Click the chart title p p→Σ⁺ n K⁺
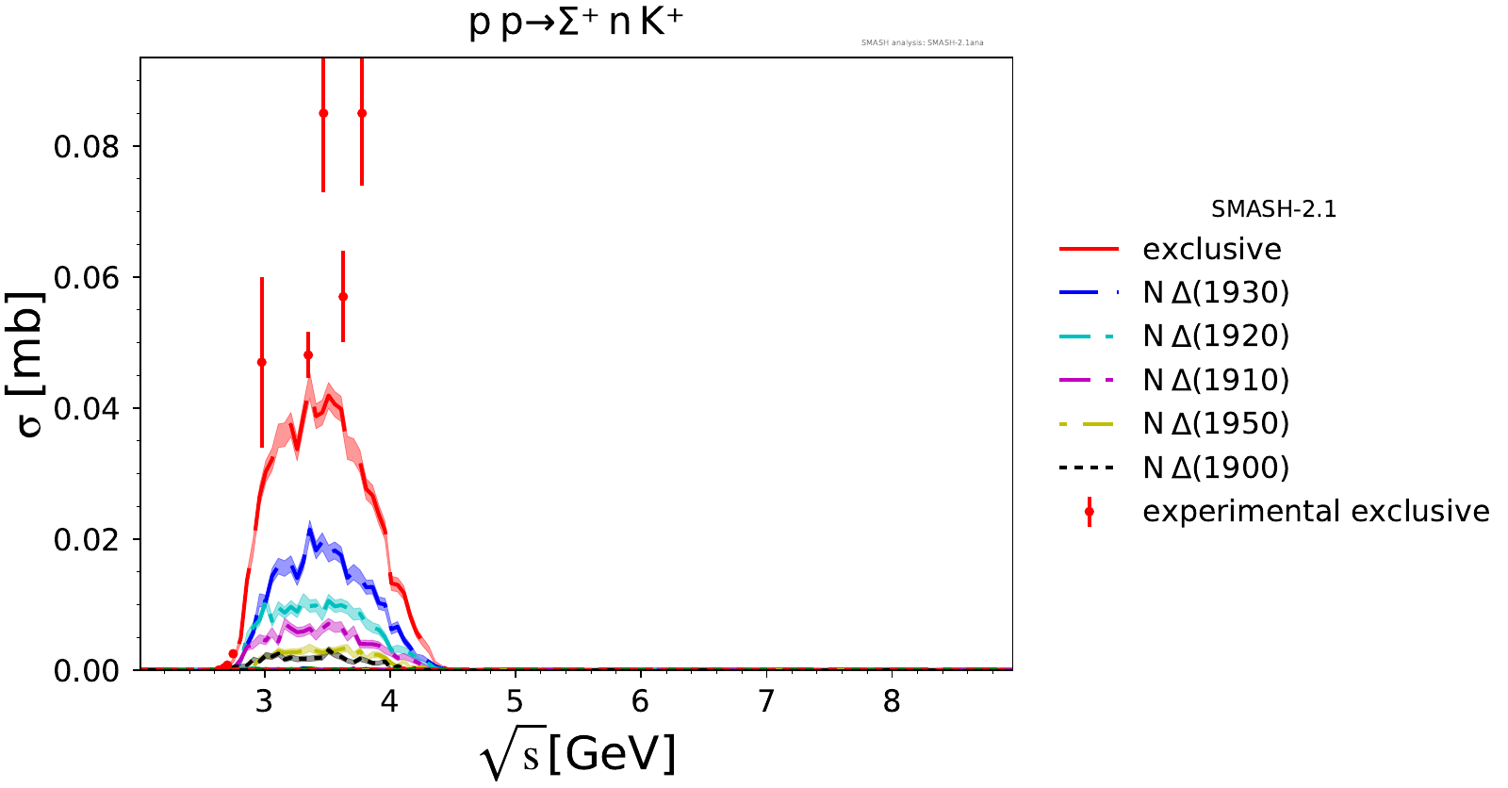pyautogui.click(x=575, y=23)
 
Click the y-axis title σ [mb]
pyautogui.click(x=30, y=364)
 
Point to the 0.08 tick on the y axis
pyautogui.click(x=87, y=147)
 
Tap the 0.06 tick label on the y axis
pyautogui.click(x=87, y=278)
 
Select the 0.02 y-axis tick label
pyautogui.click(x=87, y=540)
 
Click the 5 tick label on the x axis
pyautogui.click(x=515, y=702)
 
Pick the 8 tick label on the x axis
pyautogui.click(x=892, y=702)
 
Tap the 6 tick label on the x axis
pyautogui.click(x=641, y=702)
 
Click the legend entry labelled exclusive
pyautogui.click(x=1212, y=250)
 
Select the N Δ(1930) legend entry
pyautogui.click(x=1216, y=293)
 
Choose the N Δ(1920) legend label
pyautogui.click(x=1216, y=337)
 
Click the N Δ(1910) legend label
pyautogui.click(x=1216, y=381)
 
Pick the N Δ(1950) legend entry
pyautogui.click(x=1216, y=424)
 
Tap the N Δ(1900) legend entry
pyautogui.click(x=1216, y=468)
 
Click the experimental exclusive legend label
pyautogui.click(x=1316, y=512)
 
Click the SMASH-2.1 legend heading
pyautogui.click(x=1273, y=209)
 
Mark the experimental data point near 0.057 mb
pyautogui.click(x=343, y=297)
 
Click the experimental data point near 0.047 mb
pyautogui.click(x=262, y=363)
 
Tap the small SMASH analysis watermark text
pyautogui.click(x=922, y=42)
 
